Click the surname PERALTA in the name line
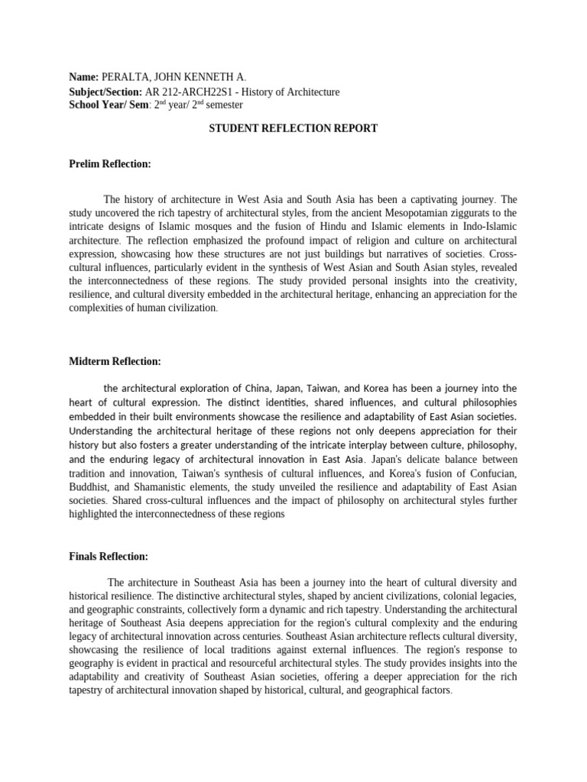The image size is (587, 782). [x=127, y=78]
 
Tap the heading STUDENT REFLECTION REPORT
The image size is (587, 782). [x=293, y=128]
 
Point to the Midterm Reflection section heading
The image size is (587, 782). [x=115, y=360]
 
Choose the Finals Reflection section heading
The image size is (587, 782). [x=109, y=556]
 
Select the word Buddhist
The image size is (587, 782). [x=89, y=487]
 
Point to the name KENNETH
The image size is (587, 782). [x=205, y=78]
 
